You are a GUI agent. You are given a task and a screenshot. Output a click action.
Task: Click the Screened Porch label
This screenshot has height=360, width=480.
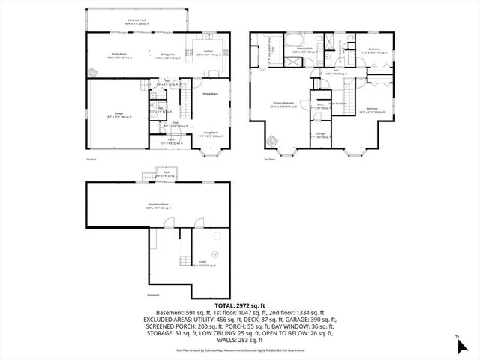pos(137,22)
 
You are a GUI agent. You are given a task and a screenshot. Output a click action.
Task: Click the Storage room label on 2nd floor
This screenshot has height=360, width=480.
pos(320,136)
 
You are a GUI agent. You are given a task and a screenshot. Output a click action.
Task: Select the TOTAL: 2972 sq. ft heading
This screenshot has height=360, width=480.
pos(239,306)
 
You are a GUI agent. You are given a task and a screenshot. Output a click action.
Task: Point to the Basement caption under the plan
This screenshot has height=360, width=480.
pos(154,295)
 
